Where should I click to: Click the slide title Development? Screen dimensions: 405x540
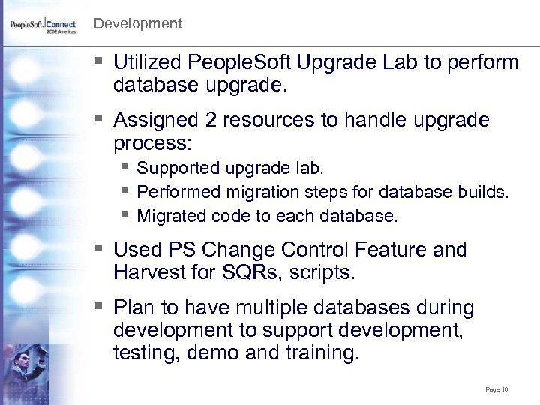coord(137,24)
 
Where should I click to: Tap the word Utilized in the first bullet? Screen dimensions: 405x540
coord(148,62)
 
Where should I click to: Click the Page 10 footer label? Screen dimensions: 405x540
coord(496,390)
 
